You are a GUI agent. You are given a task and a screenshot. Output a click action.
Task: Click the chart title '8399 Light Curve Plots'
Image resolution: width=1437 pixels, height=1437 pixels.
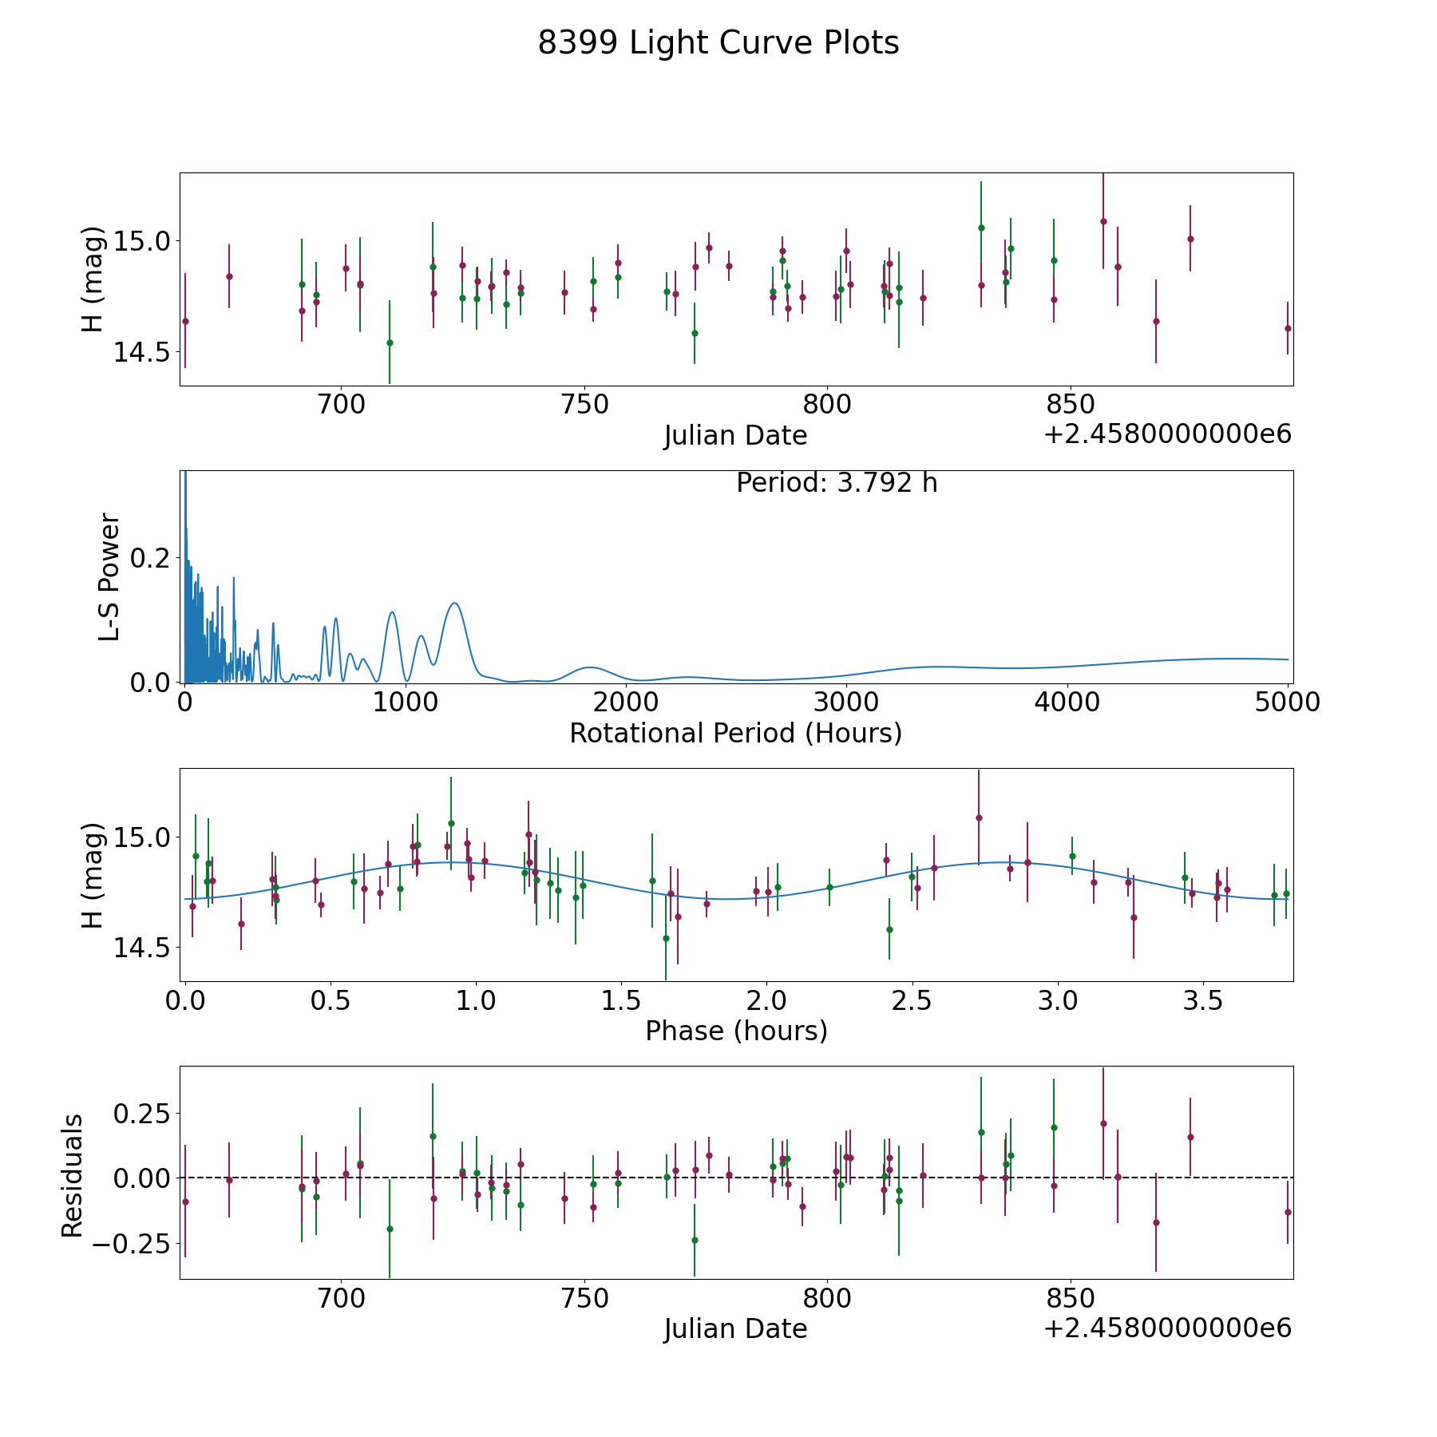click(718, 43)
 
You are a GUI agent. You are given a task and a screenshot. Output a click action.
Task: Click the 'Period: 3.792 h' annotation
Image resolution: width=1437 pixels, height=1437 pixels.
click(836, 483)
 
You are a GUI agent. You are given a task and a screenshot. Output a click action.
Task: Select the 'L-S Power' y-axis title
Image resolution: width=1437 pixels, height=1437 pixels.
click(109, 576)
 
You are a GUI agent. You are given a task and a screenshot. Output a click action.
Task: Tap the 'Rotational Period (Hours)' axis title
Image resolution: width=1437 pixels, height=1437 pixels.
click(735, 733)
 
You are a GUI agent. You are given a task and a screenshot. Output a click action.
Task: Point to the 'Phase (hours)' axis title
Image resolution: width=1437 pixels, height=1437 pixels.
click(735, 1031)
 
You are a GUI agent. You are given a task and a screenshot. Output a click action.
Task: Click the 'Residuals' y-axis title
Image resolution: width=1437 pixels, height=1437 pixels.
click(73, 1175)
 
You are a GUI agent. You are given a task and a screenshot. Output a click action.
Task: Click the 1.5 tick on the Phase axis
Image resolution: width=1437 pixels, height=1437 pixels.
click(621, 1001)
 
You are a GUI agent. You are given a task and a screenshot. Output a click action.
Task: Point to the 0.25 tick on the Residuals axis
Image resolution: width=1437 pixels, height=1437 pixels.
click(139, 1113)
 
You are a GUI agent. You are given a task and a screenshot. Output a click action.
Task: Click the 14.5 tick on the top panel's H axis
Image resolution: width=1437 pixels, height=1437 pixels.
click(141, 352)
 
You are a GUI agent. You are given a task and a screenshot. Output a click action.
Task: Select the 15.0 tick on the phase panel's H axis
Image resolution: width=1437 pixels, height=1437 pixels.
click(141, 837)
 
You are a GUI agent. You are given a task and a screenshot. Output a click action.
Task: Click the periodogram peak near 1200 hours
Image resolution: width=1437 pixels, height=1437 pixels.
click(454, 603)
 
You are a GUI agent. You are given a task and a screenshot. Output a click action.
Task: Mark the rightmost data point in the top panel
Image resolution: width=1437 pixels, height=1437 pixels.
click(1287, 328)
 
